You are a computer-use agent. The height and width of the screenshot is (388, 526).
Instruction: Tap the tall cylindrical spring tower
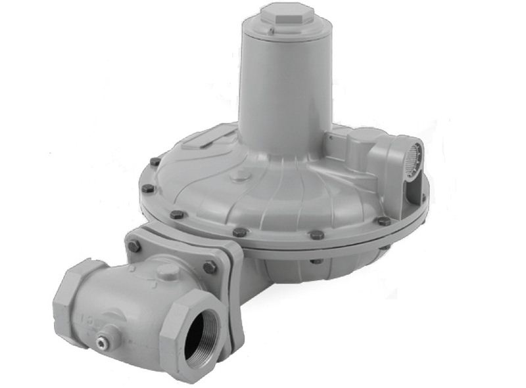click(287, 85)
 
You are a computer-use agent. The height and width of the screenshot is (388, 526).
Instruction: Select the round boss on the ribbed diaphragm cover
click(242, 176)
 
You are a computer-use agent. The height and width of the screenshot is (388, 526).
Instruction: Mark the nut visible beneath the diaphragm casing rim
click(317, 261)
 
